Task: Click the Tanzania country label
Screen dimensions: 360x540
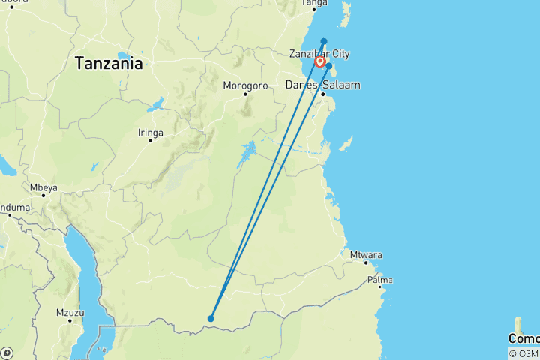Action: [108, 64]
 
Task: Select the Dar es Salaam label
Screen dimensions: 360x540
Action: [322, 85]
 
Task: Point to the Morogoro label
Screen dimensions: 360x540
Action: [245, 85]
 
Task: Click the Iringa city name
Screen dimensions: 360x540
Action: [150, 132]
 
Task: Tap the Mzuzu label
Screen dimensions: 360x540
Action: [70, 311]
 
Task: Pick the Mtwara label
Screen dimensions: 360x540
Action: [366, 255]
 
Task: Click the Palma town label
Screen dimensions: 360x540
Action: [380, 280]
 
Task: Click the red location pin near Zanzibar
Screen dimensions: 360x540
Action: [320, 61]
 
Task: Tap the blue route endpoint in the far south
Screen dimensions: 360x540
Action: [211, 319]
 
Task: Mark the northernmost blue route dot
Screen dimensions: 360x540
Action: [324, 41]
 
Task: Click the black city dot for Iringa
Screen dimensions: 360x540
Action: [150, 141]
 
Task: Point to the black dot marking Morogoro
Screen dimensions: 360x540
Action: [244, 94]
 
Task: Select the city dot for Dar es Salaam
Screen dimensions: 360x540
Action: [323, 94]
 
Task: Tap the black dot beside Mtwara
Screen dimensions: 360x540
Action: [366, 263]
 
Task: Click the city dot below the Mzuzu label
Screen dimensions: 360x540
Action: [70, 320]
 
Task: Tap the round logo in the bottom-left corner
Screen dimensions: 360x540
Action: [6, 352]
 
